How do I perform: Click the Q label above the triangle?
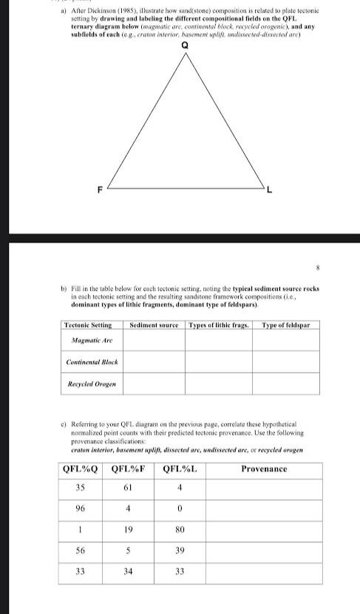(x=185, y=46)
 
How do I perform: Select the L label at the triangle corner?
(x=270, y=192)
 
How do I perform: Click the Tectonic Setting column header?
(x=88, y=325)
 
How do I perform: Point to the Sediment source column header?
(x=154, y=325)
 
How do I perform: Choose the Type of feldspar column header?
(x=285, y=325)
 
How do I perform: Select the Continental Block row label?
(x=91, y=362)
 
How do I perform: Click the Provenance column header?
(x=264, y=469)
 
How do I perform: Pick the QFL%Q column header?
(x=80, y=469)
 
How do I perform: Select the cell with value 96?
(x=80, y=509)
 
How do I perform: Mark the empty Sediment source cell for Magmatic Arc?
(x=154, y=340)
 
